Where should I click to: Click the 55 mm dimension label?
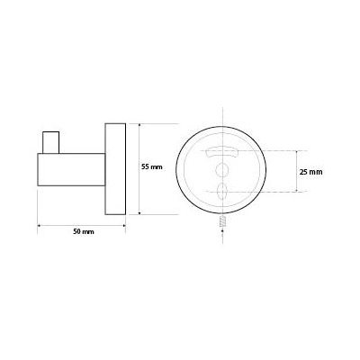point(152,167)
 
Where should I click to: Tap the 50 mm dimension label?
point(84,231)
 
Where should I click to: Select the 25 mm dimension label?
point(311,172)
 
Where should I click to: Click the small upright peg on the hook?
point(50,142)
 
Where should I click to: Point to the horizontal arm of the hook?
point(71,169)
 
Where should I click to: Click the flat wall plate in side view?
point(115,169)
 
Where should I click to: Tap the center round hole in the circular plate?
point(222,170)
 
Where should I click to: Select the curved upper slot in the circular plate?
point(221,152)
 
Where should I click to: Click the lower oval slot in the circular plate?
point(223,191)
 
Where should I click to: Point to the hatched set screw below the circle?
point(222,221)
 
